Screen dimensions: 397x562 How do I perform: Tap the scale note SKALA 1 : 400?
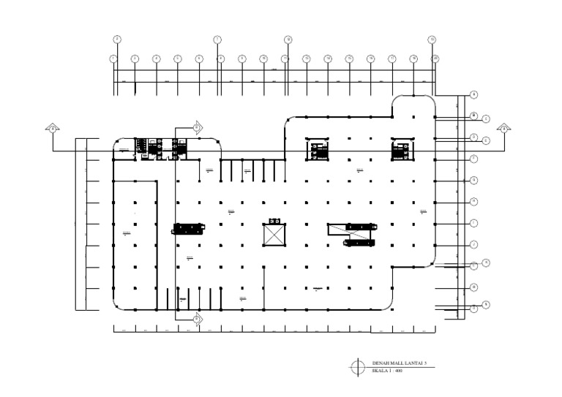(387, 370)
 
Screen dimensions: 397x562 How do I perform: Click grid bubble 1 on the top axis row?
(113, 58)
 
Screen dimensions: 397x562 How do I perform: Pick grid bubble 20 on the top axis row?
(435, 58)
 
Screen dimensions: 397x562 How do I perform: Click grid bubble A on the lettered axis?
(474, 94)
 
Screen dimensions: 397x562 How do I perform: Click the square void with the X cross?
(275, 235)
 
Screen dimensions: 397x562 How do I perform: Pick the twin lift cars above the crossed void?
(275, 221)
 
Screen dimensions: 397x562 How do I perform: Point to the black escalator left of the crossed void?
(187, 228)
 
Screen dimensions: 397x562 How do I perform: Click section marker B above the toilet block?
(197, 127)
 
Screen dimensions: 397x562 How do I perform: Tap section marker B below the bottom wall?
(197, 319)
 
